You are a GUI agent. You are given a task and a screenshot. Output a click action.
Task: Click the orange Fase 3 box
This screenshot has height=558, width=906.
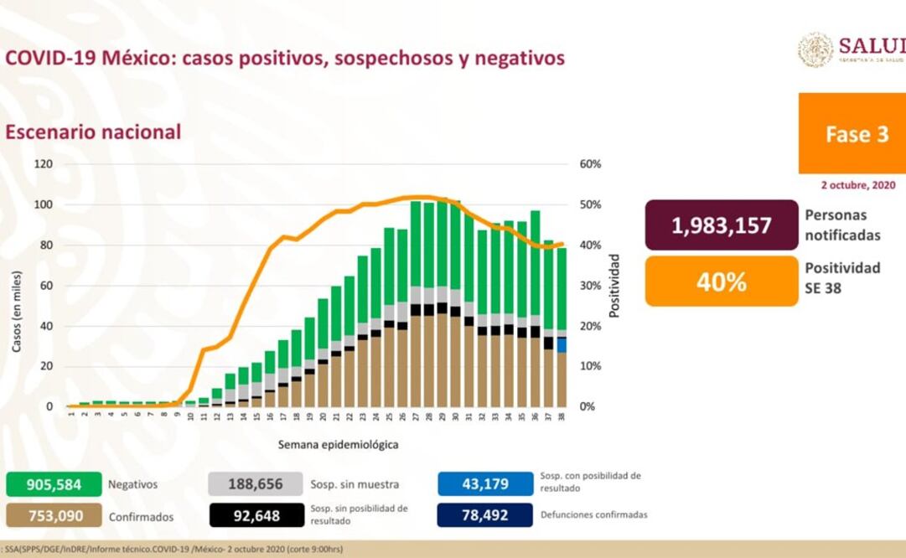pyautogui.click(x=852, y=134)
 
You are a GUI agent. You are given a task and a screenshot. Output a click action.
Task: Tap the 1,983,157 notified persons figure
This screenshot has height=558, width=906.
pyautogui.click(x=721, y=225)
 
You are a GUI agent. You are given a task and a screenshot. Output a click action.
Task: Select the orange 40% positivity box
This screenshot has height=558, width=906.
pyautogui.click(x=721, y=282)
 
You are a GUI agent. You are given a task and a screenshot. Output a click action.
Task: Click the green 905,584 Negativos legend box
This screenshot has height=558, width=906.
pyautogui.click(x=54, y=484)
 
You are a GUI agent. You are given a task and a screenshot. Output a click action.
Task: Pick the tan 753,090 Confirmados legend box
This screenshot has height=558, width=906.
pyautogui.click(x=54, y=515)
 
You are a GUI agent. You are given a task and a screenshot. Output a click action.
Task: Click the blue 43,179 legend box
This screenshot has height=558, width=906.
pyautogui.click(x=485, y=484)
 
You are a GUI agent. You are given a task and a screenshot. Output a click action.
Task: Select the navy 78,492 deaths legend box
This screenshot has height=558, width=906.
pyautogui.click(x=485, y=515)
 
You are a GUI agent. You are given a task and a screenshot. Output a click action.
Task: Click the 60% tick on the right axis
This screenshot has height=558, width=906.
pyautogui.click(x=590, y=164)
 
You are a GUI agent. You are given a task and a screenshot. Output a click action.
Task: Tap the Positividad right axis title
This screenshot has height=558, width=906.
pyautogui.click(x=614, y=285)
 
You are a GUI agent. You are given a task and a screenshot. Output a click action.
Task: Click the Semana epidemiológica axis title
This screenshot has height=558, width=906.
pyautogui.click(x=338, y=444)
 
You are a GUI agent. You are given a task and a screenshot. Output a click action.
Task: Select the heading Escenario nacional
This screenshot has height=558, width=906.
pyautogui.click(x=93, y=132)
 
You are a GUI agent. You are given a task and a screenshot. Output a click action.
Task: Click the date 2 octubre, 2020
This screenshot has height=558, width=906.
pyautogui.click(x=858, y=184)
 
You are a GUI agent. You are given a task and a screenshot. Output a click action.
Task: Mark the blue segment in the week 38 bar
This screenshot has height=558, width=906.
pyautogui.click(x=562, y=345)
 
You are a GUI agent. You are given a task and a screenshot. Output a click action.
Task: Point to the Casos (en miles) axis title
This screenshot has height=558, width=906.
pyautogui.click(x=16, y=310)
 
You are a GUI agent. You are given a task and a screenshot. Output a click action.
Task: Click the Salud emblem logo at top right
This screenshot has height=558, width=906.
pyautogui.click(x=815, y=49)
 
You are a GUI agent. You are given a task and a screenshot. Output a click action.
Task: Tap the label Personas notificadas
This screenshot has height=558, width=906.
pyautogui.click(x=842, y=225)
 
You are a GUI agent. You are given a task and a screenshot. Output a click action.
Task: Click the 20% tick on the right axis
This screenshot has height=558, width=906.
pyautogui.click(x=590, y=326)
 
